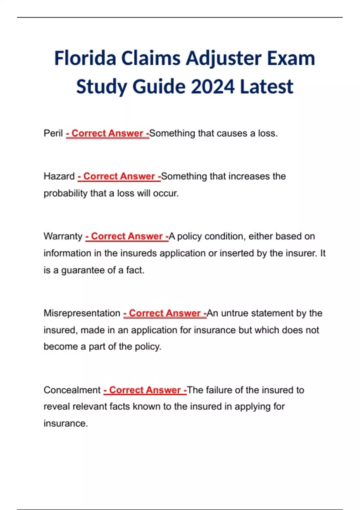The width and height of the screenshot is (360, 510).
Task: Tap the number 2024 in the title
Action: [212, 87]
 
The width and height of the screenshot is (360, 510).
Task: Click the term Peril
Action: [53, 133]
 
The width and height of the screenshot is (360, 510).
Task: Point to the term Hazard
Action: [59, 176]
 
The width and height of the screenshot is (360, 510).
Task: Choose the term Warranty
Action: [63, 236]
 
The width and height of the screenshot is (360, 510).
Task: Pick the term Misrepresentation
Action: [82, 313]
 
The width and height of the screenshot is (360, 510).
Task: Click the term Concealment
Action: [72, 390]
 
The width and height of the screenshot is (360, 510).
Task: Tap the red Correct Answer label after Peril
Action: [107, 133]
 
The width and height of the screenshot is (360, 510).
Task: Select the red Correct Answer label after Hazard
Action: [119, 176]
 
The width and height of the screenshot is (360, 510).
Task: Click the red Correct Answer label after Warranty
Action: [127, 236]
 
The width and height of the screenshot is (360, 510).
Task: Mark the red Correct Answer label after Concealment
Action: [145, 390]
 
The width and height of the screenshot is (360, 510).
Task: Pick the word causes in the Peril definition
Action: [232, 133]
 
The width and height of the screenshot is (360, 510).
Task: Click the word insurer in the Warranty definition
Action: [300, 253]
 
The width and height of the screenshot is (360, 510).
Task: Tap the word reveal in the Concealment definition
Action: [57, 406]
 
